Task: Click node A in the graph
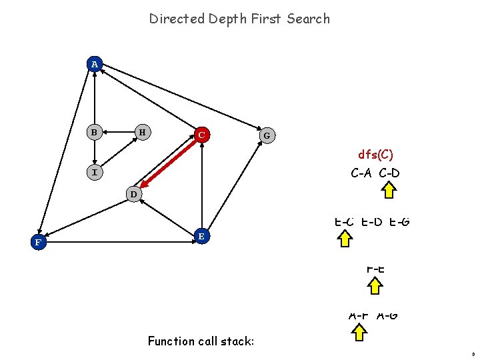tap(95, 64)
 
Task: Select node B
tap(95, 132)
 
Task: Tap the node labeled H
tap(141, 132)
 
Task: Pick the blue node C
tap(201, 135)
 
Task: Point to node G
tap(267, 135)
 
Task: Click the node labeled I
tap(95, 173)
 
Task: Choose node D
tap(133, 195)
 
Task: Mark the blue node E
tap(201, 236)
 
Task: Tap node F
tap(39, 243)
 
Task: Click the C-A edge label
tap(363, 173)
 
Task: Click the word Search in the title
tap(308, 19)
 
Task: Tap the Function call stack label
tap(201, 341)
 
